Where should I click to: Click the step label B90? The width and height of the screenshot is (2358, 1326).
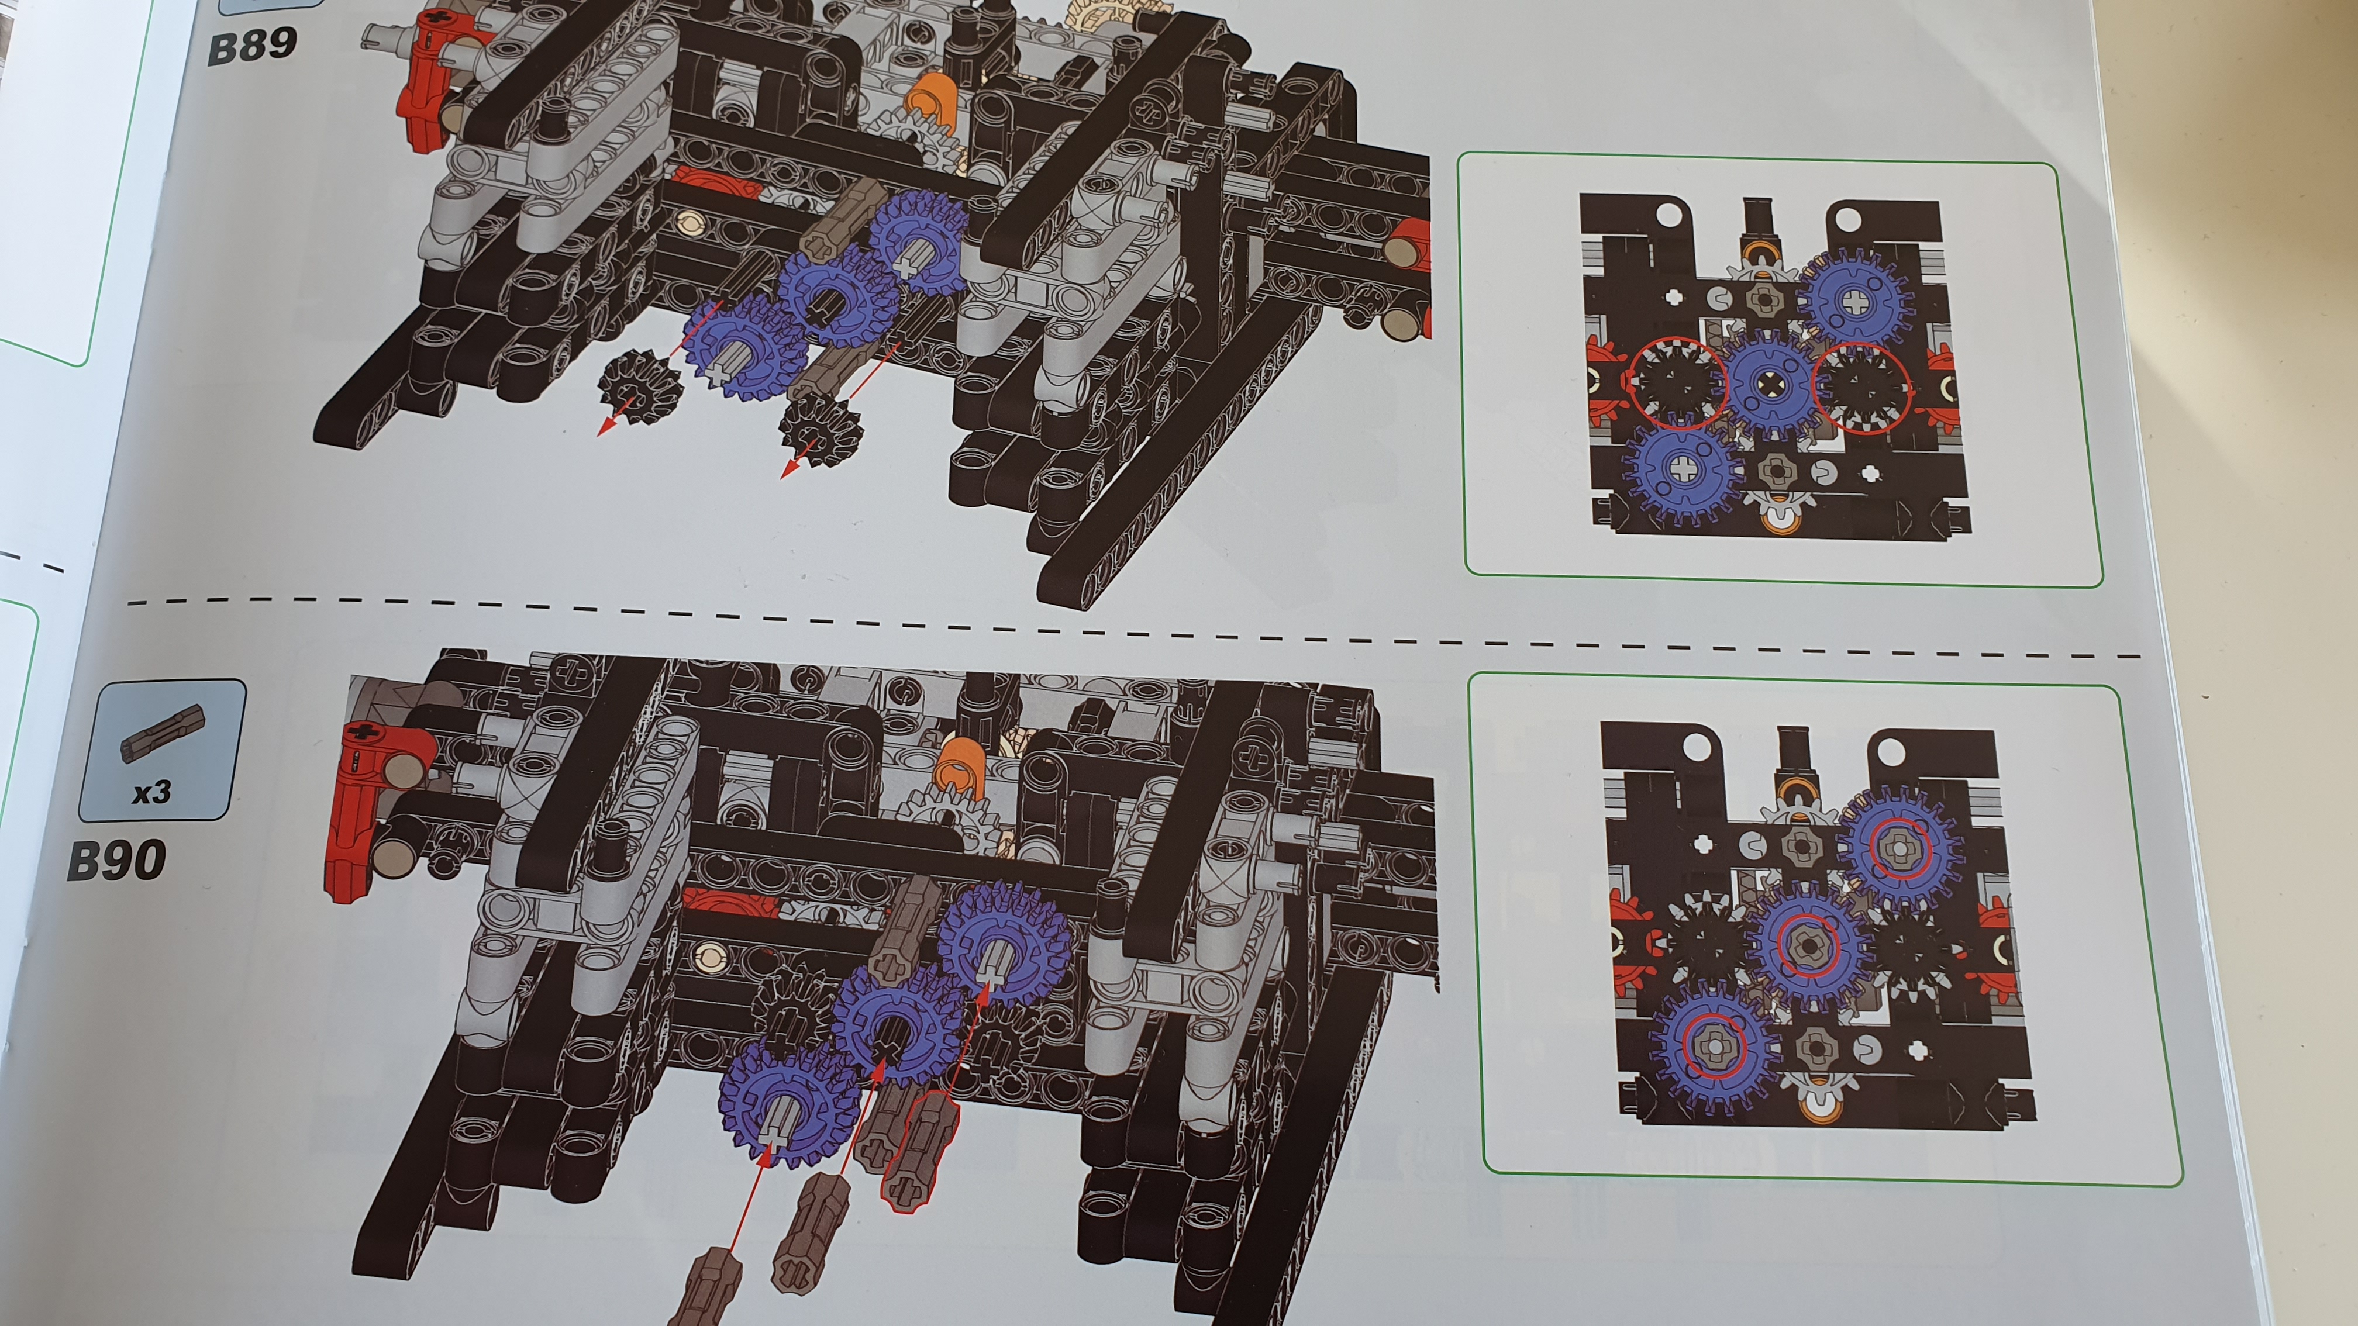click(116, 860)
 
